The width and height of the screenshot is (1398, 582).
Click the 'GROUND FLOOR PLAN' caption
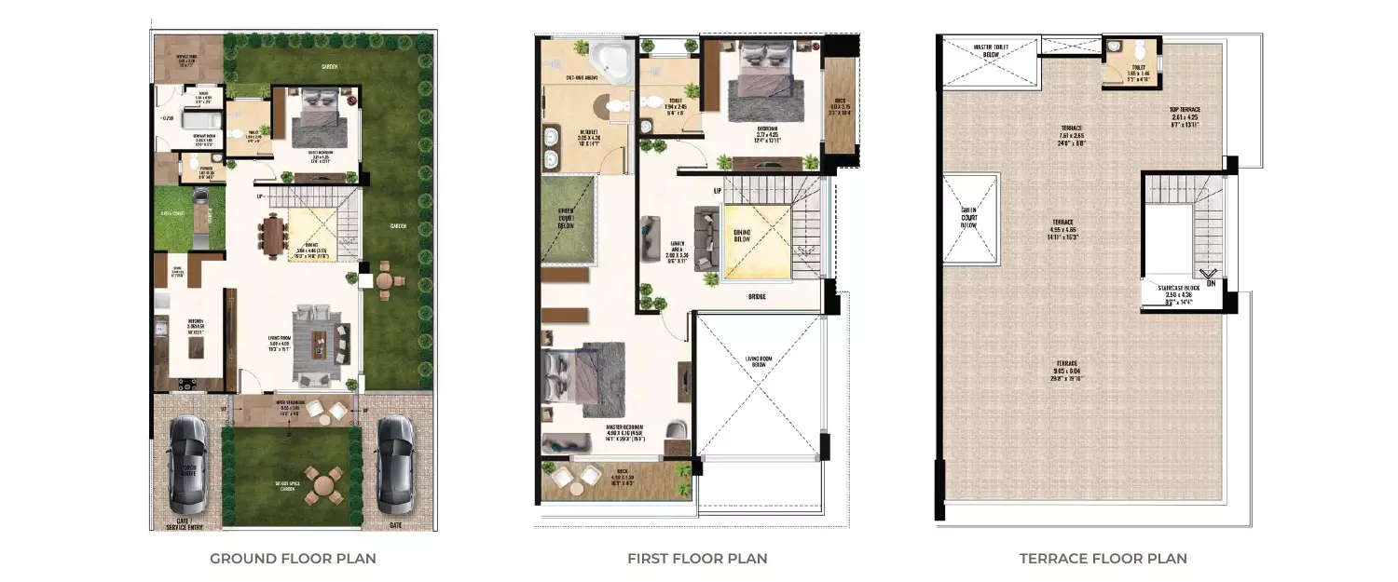(293, 559)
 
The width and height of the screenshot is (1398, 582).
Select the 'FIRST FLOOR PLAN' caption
(697, 559)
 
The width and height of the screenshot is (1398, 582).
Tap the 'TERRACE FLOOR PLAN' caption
(1103, 559)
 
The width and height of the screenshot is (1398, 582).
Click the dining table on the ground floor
(272, 236)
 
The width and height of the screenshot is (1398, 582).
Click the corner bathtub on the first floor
(613, 61)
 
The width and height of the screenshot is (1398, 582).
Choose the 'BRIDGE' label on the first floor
(756, 297)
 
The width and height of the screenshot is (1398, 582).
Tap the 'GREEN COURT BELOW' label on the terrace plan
(968, 218)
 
